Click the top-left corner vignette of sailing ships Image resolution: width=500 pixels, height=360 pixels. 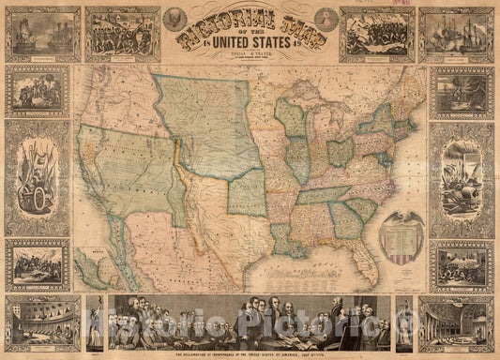tap(41, 34)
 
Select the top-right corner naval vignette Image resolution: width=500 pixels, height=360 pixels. tap(456, 34)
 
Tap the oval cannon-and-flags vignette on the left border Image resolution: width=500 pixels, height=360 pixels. tap(37, 178)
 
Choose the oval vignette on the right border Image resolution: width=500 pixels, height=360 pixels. tap(462, 178)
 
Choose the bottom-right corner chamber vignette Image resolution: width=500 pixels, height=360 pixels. tap(456, 323)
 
